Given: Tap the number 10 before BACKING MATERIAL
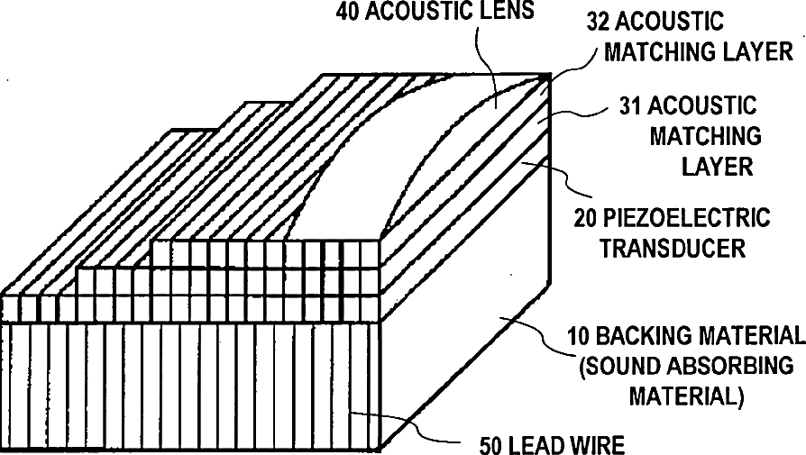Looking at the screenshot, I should (577, 337).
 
